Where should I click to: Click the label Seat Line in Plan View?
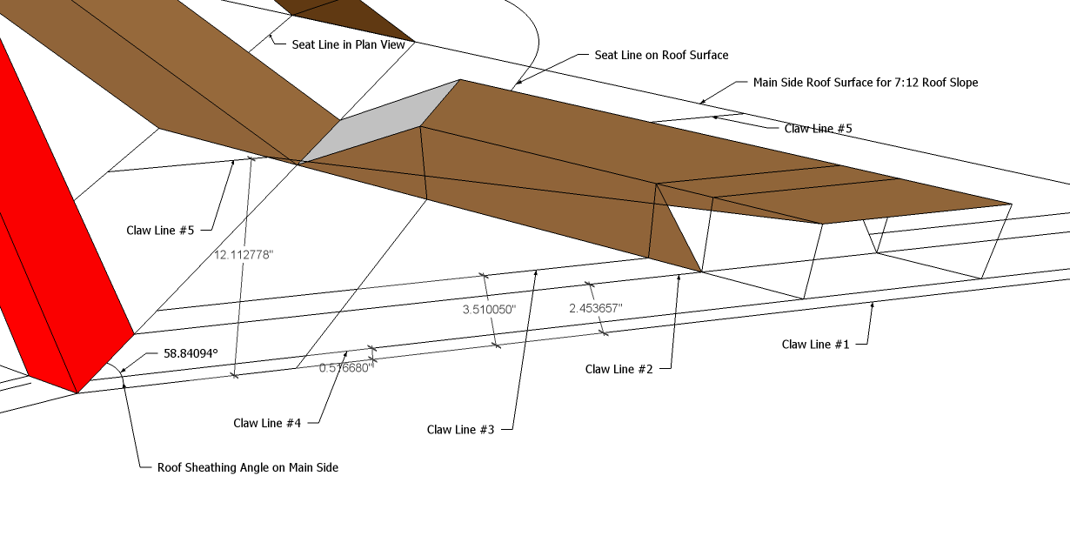(x=349, y=44)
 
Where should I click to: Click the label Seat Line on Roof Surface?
(x=661, y=55)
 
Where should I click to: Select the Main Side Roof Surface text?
(x=866, y=83)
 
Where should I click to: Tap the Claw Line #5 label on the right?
(x=818, y=128)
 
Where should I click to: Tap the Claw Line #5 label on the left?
(x=159, y=231)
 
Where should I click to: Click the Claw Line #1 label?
(x=815, y=344)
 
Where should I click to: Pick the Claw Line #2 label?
(x=619, y=369)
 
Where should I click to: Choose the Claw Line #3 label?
(x=460, y=429)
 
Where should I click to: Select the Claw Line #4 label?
(x=267, y=423)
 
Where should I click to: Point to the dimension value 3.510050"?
(x=489, y=309)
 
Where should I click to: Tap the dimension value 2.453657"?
(x=596, y=308)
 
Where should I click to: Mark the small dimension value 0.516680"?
(x=345, y=368)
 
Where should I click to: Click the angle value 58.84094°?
(x=191, y=354)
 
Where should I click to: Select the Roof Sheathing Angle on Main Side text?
(x=247, y=467)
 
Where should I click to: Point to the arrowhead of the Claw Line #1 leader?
(x=873, y=305)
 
